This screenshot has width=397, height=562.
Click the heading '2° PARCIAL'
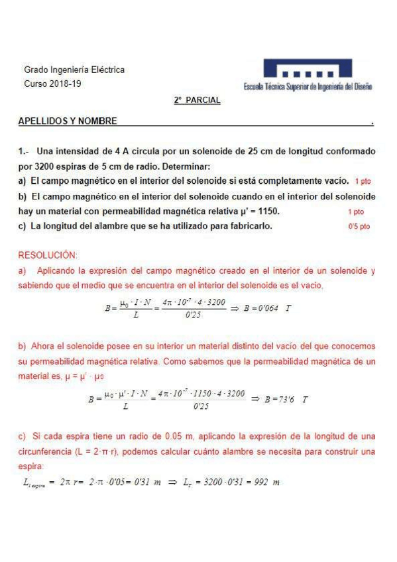click(197, 100)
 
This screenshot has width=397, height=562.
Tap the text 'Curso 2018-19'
click(53, 84)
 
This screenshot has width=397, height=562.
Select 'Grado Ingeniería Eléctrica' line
click(74, 70)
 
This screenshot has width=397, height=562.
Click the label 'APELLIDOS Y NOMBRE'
click(68, 121)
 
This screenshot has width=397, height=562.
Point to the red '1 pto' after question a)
click(363, 181)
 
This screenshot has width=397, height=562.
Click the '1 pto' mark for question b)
click(356, 212)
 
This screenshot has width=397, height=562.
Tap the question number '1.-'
click(24, 151)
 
